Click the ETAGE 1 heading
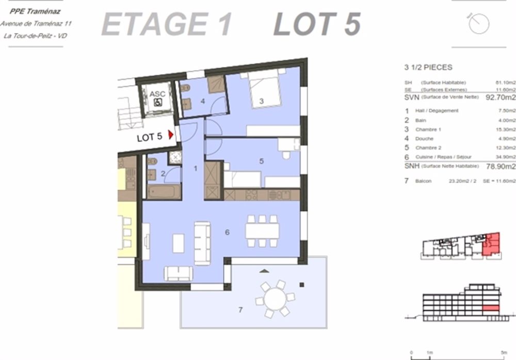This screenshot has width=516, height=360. [x=166, y=24]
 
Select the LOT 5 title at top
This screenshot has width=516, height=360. [x=316, y=24]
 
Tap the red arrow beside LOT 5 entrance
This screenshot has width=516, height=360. [x=170, y=137]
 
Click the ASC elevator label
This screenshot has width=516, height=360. [x=157, y=94]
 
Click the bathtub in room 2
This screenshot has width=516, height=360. [x=164, y=192]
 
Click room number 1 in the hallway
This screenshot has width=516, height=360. [x=196, y=168]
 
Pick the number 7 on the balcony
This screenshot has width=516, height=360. [x=240, y=309]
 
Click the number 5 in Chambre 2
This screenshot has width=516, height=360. [x=262, y=161]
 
